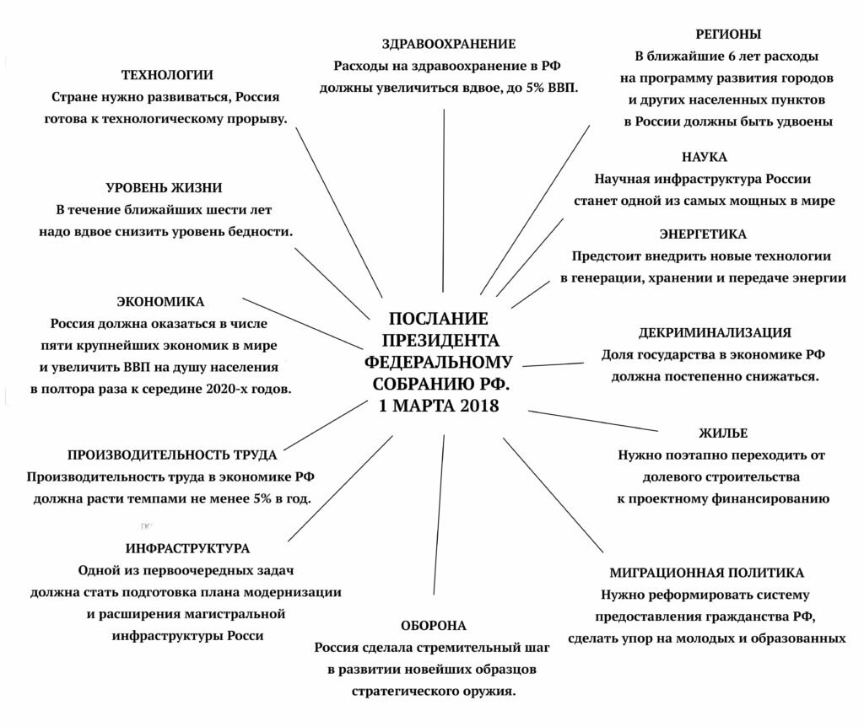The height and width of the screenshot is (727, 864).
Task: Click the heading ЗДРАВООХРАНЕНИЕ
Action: pyautogui.click(x=448, y=44)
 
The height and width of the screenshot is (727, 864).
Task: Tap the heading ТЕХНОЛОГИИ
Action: pyautogui.click(x=166, y=75)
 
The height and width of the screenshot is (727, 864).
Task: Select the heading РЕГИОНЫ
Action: pyautogui.click(x=728, y=35)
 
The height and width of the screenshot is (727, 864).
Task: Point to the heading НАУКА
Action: pyautogui.click(x=704, y=157)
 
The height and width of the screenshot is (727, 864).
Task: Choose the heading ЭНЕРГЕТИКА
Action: pyautogui.click(x=703, y=234)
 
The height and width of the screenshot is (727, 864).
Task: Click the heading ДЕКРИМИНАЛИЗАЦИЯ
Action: pyautogui.click(x=715, y=332)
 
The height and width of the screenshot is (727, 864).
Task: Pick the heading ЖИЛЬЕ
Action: pyautogui.click(x=722, y=434)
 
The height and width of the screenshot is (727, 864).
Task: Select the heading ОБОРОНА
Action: pyautogui.click(x=434, y=626)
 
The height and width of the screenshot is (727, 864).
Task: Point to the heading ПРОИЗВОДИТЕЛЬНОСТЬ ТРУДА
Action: pyautogui.click(x=172, y=455)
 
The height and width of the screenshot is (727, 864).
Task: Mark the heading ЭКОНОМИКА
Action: pyautogui.click(x=160, y=301)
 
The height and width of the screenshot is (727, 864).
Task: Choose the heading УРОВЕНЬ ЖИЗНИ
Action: pyautogui.click(x=164, y=187)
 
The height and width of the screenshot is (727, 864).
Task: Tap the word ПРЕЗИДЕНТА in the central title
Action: pyautogui.click(x=440, y=340)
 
